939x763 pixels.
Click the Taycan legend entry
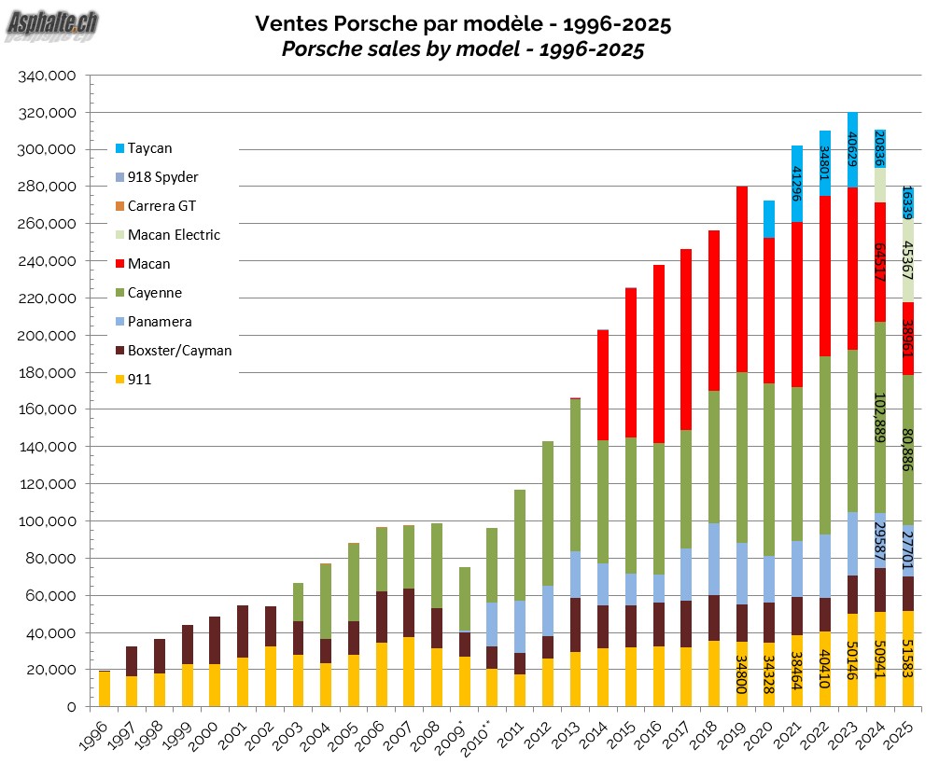[x=149, y=147]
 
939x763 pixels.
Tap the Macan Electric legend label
[x=174, y=234]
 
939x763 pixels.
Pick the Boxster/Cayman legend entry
[x=179, y=351]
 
